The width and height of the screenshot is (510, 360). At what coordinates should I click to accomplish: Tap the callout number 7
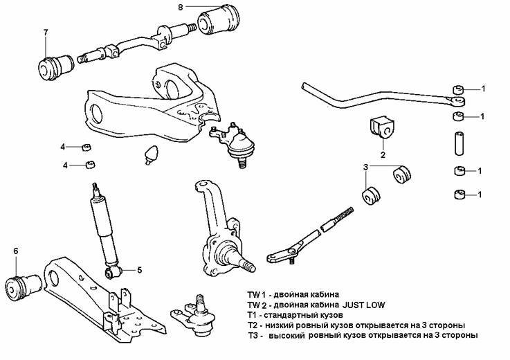(46, 33)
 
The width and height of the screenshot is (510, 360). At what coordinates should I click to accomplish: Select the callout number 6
(15, 251)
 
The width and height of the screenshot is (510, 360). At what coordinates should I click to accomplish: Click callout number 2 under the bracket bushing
(381, 154)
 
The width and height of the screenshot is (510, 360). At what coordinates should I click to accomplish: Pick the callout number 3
(365, 167)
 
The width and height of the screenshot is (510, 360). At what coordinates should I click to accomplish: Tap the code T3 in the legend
(253, 335)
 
